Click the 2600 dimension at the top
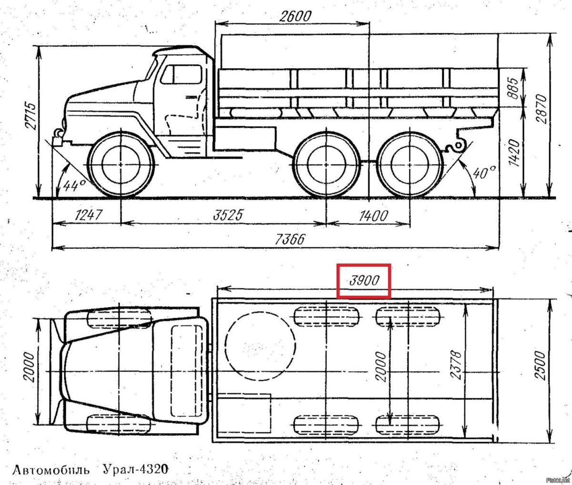tap(295, 16)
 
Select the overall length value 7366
tap(290, 239)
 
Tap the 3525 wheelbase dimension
tap(228, 215)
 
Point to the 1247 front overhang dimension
tap(89, 215)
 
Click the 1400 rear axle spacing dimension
tap(373, 216)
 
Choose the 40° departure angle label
tap(484, 172)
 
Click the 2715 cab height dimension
tap(31, 116)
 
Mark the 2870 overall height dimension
tap(541, 109)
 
